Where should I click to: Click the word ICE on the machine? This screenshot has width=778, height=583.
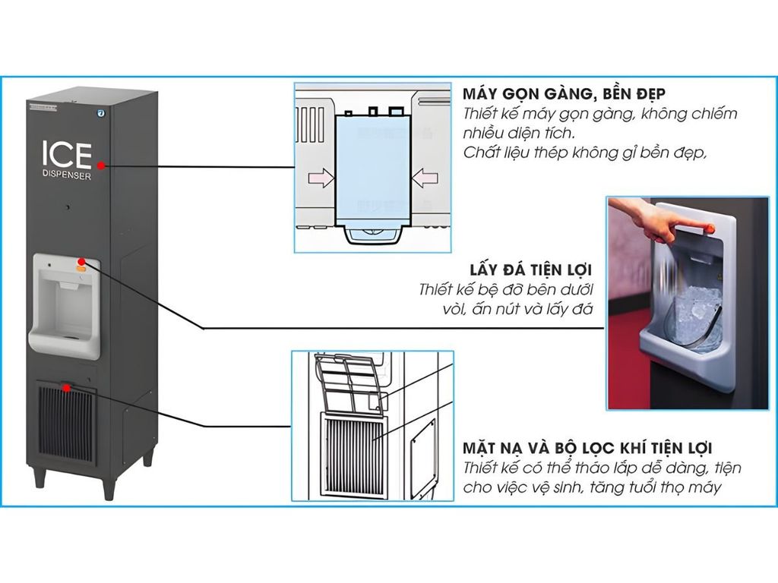click(x=66, y=154)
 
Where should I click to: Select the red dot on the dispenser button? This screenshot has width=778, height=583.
click(x=81, y=263)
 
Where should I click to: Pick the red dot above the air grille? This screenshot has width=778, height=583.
click(x=68, y=388)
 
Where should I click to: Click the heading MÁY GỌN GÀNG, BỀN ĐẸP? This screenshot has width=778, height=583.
click(x=564, y=94)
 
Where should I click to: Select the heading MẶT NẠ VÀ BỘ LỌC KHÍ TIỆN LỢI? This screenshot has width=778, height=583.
click(x=587, y=449)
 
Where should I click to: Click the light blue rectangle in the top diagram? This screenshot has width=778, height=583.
click(x=372, y=169)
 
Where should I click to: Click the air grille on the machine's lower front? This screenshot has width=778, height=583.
click(x=66, y=425)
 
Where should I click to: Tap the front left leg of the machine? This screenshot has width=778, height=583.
click(x=38, y=477)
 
